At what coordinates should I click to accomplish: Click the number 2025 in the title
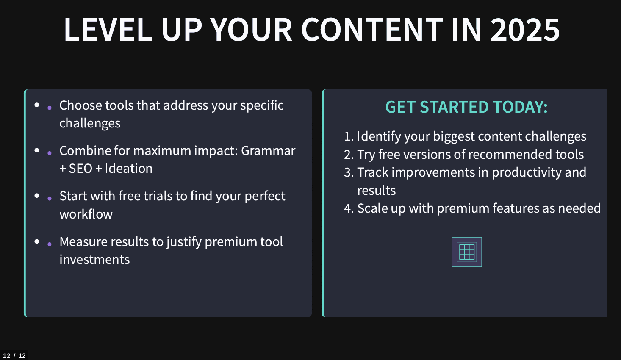(x=525, y=29)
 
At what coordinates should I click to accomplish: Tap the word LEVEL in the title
(x=108, y=29)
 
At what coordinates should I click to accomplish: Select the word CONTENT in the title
(x=372, y=29)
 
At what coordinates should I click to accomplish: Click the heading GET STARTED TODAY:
(x=466, y=107)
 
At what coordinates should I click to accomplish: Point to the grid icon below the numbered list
(x=467, y=252)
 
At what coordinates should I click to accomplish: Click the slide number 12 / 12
(x=14, y=356)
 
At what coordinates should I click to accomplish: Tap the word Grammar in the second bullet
(x=268, y=151)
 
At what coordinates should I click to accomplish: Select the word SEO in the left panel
(x=80, y=169)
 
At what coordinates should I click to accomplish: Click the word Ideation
(x=129, y=169)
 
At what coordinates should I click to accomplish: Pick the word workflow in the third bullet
(x=86, y=214)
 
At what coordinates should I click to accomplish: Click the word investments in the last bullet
(x=94, y=260)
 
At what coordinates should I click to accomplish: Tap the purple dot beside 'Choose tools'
(x=50, y=108)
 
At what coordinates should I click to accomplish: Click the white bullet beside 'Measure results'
(x=37, y=241)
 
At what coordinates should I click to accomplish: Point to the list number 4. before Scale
(x=349, y=208)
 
